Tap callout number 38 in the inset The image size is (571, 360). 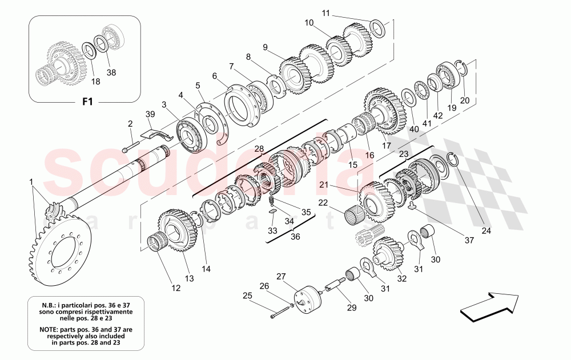tap(111, 73)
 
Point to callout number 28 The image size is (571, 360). tap(259, 149)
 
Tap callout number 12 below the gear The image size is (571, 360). tap(175, 289)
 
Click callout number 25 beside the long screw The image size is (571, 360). tap(247, 296)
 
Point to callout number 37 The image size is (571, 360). tap(469, 241)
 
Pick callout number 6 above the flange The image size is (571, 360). tap(214, 75)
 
